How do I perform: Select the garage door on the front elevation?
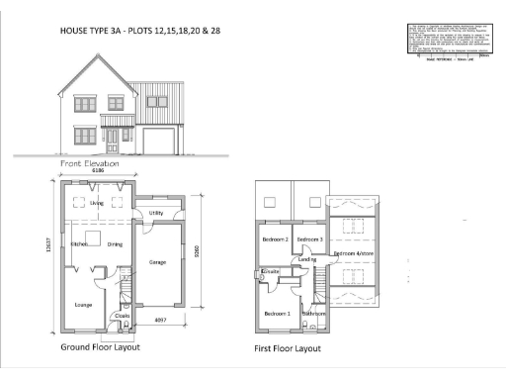click(x=158, y=141)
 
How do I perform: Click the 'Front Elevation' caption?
click(x=90, y=163)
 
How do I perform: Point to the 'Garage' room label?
click(x=157, y=262)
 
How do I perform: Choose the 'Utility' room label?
click(x=156, y=213)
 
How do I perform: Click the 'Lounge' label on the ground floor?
click(x=83, y=305)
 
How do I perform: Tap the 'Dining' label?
click(x=115, y=243)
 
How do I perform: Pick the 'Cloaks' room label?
click(x=123, y=317)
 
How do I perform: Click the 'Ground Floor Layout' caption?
click(x=101, y=347)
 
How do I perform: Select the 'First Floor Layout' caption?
click(x=288, y=349)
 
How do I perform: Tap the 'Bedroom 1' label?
click(x=276, y=314)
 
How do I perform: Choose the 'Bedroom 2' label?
click(x=274, y=239)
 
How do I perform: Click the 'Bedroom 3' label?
click(x=309, y=239)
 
